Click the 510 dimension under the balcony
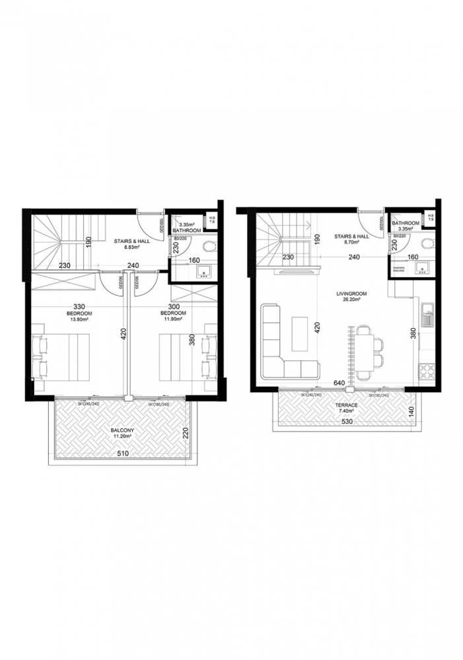pyautogui.click(x=122, y=454)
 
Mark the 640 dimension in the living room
pyautogui.click(x=339, y=382)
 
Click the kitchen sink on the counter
pyautogui.click(x=427, y=317)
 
